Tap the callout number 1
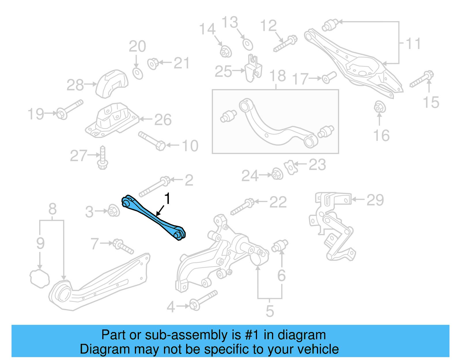[x=167, y=199]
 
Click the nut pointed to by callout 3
[x=114, y=211]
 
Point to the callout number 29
[x=375, y=200]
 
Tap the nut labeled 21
[x=153, y=63]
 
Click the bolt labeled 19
[x=69, y=110]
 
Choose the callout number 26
[x=163, y=120]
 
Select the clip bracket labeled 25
[x=253, y=69]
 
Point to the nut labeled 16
[x=379, y=107]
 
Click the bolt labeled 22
[x=242, y=207]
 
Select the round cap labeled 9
[x=39, y=278]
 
